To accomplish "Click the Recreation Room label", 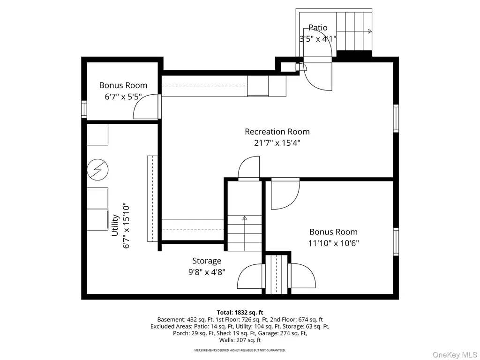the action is pyautogui.click(x=277, y=132).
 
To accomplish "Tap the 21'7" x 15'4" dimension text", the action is pyautogui.click(x=277, y=143).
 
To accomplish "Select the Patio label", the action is pyautogui.click(x=318, y=28).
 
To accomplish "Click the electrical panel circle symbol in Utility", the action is pyautogui.click(x=97, y=170).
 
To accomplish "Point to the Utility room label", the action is pyautogui.click(x=115, y=225).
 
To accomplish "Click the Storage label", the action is pyautogui.click(x=207, y=261).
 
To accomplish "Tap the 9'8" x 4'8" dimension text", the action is pyautogui.click(x=207, y=272).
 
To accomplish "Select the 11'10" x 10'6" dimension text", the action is pyautogui.click(x=333, y=243).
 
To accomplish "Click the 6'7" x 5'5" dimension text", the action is pyautogui.click(x=123, y=97).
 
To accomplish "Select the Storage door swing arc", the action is pyautogui.click(x=245, y=270).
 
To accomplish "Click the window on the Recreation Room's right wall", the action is pyautogui.click(x=396, y=118).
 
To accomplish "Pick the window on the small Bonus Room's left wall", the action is pyautogui.click(x=84, y=109).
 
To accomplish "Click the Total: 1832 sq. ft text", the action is pyautogui.click(x=240, y=313).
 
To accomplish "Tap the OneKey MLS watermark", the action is pyautogui.click(x=455, y=355).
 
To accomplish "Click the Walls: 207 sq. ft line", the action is pyautogui.click(x=240, y=340).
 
